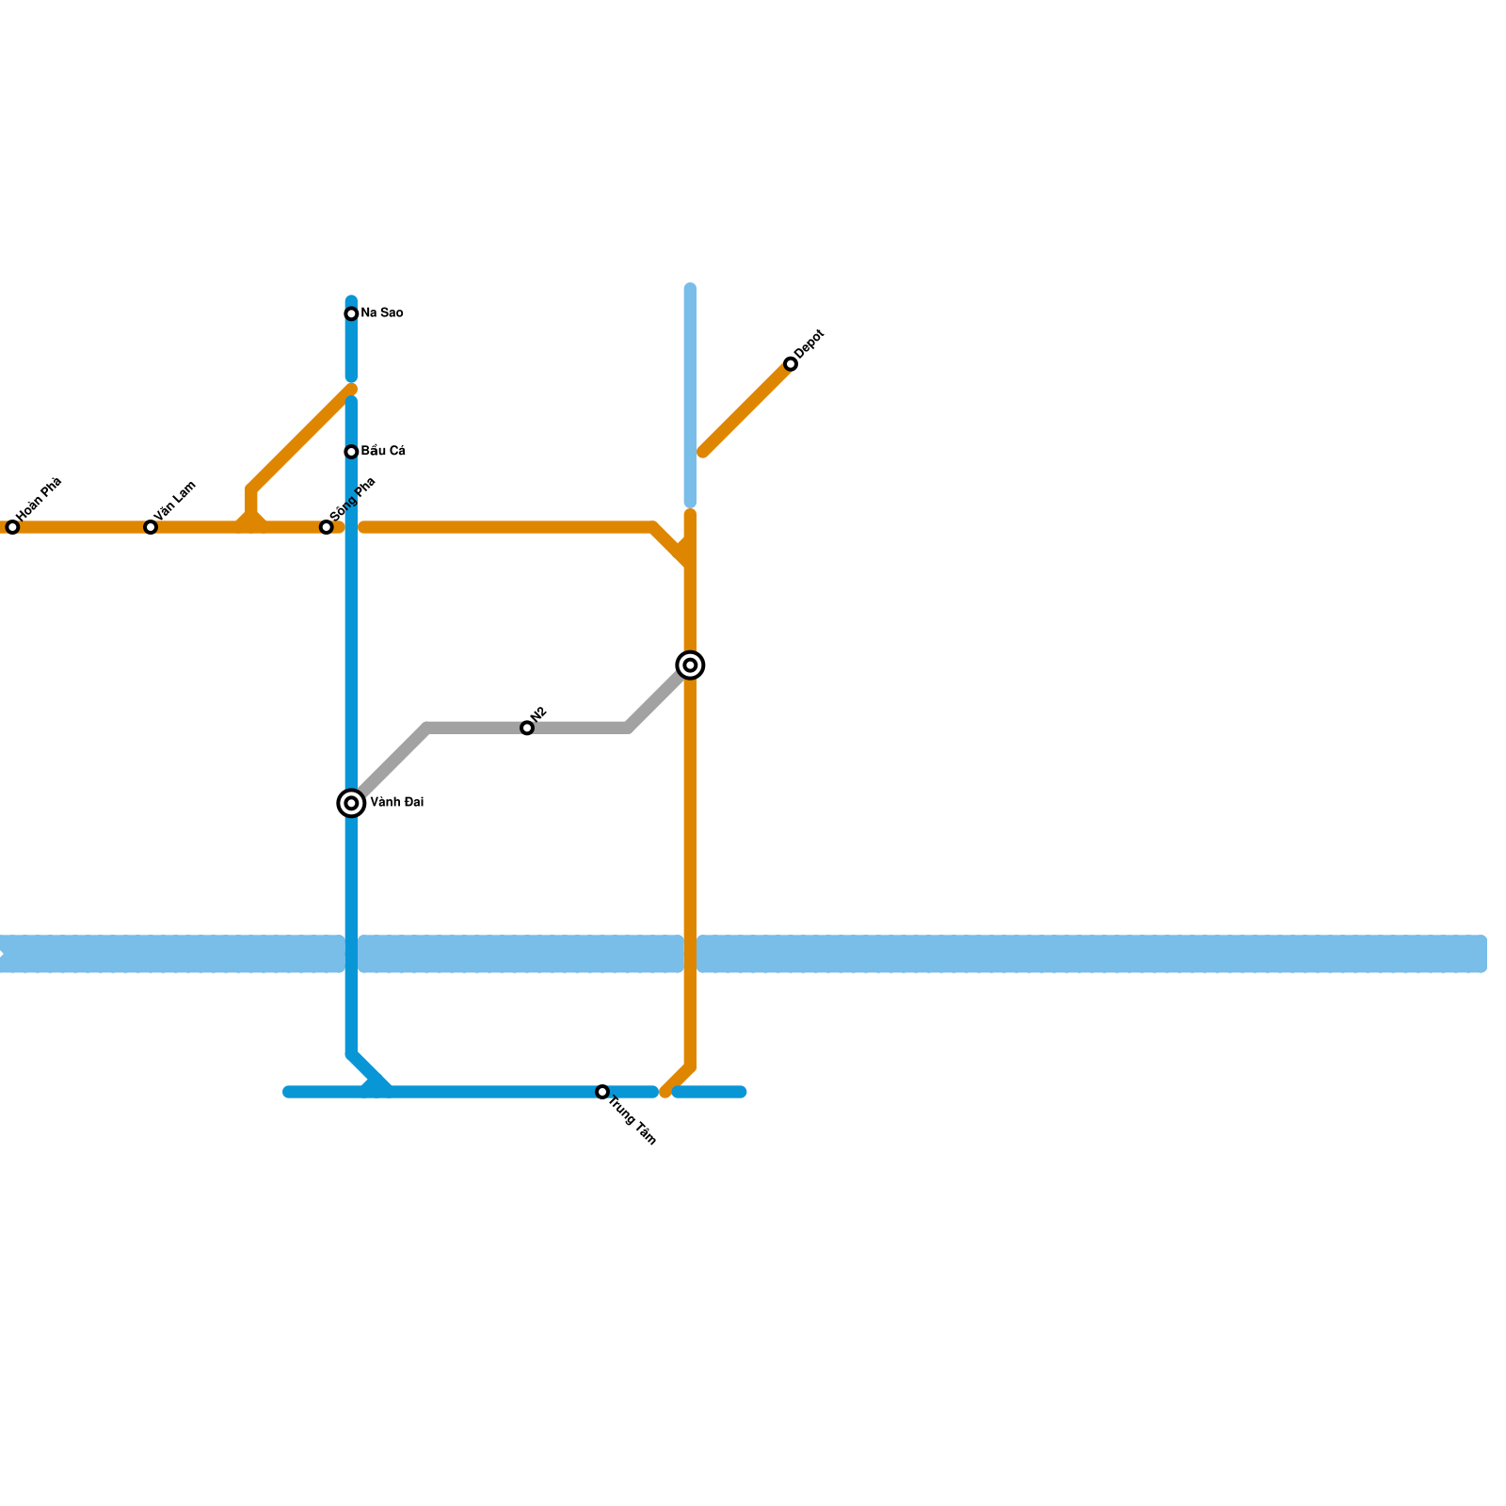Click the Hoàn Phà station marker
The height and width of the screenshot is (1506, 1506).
pos(12,527)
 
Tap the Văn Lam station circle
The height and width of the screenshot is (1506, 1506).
pos(151,527)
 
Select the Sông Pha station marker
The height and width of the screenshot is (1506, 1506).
pos(327,527)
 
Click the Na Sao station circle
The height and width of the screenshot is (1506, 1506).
pos(351,313)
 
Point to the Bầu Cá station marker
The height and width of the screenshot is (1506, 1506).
pos(351,452)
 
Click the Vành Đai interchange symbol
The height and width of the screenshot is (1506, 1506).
pos(351,803)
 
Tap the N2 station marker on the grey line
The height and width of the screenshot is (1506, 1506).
pos(527,728)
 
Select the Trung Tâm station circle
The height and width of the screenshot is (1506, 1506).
pos(602,1092)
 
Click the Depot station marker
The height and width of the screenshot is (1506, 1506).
pos(791,364)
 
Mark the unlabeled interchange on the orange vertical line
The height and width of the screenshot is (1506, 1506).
pos(690,665)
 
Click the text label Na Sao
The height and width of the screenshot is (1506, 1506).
pos(382,313)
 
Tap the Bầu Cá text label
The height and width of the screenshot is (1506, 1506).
pos(383,452)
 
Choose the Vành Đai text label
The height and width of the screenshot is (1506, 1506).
pos(396,803)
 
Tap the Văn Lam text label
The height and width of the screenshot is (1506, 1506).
pos(176,501)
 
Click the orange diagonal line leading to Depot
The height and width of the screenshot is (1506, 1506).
pos(746,409)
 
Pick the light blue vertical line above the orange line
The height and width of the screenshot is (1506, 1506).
pos(690,395)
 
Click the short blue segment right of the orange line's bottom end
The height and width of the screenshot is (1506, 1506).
pos(710,1092)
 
